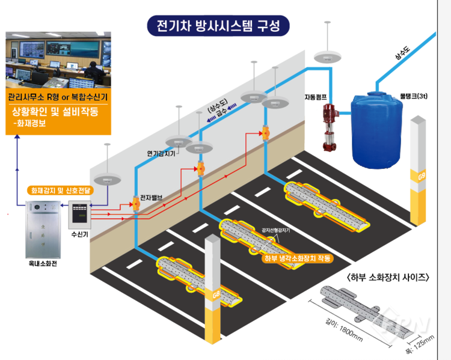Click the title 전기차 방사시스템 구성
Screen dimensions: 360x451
218,26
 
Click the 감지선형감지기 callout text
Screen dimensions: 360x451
276,230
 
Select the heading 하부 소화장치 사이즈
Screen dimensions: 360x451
388,277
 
